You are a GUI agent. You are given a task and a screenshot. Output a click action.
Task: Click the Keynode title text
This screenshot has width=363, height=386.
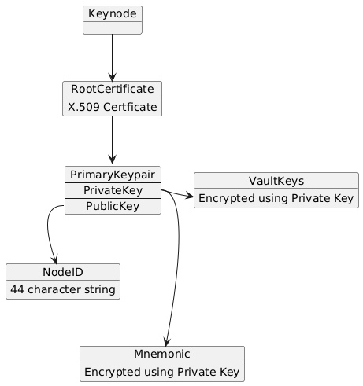113,13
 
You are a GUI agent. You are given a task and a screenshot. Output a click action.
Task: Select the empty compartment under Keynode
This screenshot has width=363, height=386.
113,28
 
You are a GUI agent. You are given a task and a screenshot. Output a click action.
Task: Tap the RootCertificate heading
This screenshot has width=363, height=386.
113,89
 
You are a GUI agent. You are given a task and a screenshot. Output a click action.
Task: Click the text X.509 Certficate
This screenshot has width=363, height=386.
113,107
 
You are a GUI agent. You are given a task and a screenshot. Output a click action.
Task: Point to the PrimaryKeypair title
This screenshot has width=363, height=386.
113,175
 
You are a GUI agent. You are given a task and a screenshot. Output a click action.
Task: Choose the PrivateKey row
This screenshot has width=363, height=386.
113,190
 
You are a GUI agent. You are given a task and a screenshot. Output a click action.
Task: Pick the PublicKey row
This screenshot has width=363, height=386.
113,206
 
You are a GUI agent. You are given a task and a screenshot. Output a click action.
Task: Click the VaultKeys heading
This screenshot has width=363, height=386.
276,181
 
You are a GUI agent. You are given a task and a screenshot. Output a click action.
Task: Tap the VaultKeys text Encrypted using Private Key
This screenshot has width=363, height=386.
276,198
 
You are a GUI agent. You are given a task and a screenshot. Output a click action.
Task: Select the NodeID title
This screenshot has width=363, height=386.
63,272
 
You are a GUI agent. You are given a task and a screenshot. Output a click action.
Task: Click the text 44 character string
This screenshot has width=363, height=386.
63,289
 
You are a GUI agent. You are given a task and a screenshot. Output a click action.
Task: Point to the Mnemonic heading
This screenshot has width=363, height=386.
162,354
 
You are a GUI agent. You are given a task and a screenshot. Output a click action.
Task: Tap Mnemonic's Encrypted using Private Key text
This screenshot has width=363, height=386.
162,372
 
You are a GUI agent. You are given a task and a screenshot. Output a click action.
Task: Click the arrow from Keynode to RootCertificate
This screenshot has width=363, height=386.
113,57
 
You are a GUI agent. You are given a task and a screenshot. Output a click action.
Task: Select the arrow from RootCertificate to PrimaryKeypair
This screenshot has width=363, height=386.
113,141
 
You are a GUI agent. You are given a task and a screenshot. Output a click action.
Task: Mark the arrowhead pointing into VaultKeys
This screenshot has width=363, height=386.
190,196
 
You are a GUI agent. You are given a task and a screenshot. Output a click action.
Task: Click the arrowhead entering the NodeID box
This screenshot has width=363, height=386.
55,259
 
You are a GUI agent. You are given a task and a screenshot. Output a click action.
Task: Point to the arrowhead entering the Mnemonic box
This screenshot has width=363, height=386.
166,342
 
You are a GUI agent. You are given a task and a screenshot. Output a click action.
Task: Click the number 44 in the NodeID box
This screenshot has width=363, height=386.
17,289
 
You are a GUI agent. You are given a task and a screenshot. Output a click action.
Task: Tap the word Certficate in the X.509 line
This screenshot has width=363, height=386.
130,107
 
